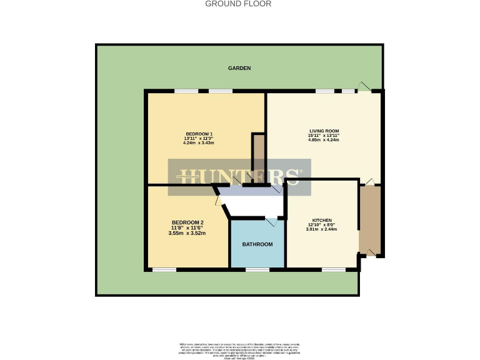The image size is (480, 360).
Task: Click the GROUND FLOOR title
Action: pos(239,4)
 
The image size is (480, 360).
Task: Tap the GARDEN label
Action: pos(239,68)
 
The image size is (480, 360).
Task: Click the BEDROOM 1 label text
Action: pos(199,134)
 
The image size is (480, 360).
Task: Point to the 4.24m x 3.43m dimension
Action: pos(199,143)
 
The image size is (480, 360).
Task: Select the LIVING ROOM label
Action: pos(324,131)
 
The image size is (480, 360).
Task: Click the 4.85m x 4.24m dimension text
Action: pos(324,140)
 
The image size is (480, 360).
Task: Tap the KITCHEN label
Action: pos(322,220)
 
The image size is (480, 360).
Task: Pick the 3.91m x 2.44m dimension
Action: pos(322,229)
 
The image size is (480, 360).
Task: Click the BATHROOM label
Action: pos(257,244)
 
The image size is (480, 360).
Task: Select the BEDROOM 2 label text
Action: pos(187,222)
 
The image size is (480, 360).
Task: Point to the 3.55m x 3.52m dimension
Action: pos(187,233)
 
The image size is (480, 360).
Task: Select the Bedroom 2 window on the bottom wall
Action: pos(164,270)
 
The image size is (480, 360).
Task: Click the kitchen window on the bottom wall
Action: pos(333,270)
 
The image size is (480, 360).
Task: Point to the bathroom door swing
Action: pos(271,222)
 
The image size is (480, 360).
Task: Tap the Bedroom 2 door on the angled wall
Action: pos(218,201)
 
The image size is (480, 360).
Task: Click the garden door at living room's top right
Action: pos(364,87)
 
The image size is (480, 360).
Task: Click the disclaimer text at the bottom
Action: pos(240,349)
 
